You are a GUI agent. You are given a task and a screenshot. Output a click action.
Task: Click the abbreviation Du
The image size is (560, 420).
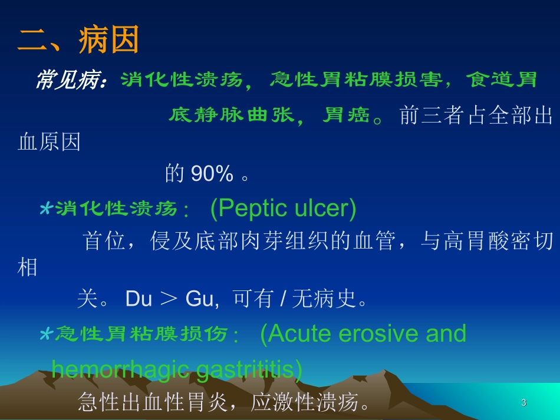(139, 299)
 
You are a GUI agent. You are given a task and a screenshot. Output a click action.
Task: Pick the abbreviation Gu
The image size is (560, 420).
(199, 299)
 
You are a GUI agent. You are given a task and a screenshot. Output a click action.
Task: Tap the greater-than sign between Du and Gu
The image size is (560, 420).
(169, 300)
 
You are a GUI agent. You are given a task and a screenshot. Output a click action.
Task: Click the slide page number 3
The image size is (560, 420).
(523, 403)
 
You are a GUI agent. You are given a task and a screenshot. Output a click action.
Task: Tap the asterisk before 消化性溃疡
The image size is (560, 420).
(46, 209)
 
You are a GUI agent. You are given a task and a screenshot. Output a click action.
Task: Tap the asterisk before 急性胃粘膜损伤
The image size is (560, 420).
(46, 335)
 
